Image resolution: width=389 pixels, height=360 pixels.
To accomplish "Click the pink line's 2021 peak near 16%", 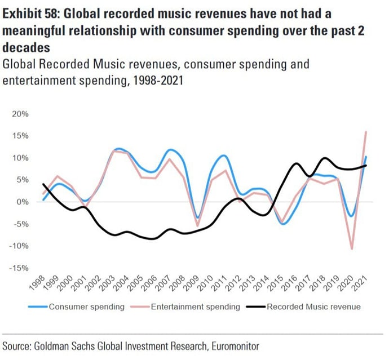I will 366,132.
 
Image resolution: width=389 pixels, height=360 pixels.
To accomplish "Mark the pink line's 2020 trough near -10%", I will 351,248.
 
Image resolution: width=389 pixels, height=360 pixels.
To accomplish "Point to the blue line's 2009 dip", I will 197,219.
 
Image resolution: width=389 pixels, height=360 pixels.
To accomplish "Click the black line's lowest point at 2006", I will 152,239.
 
